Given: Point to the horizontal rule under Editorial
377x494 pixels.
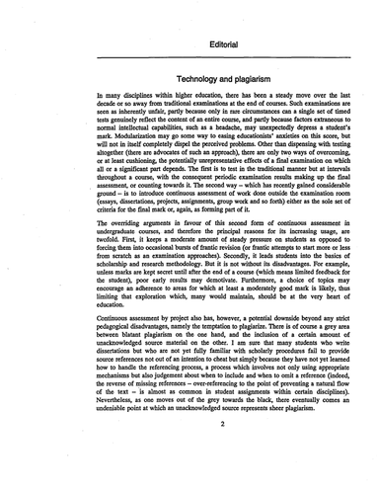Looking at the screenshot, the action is [x=189, y=55].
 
